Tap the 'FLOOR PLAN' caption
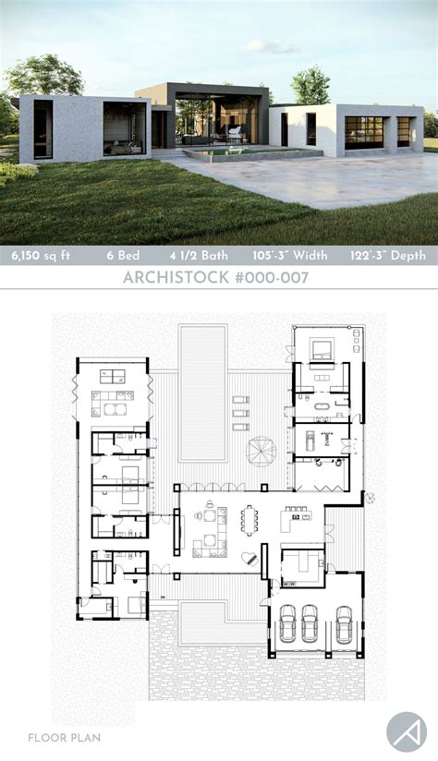coord(64,738)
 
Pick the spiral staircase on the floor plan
coord(261,451)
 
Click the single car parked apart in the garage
coord(345,624)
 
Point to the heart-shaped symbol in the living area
coord(248,558)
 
